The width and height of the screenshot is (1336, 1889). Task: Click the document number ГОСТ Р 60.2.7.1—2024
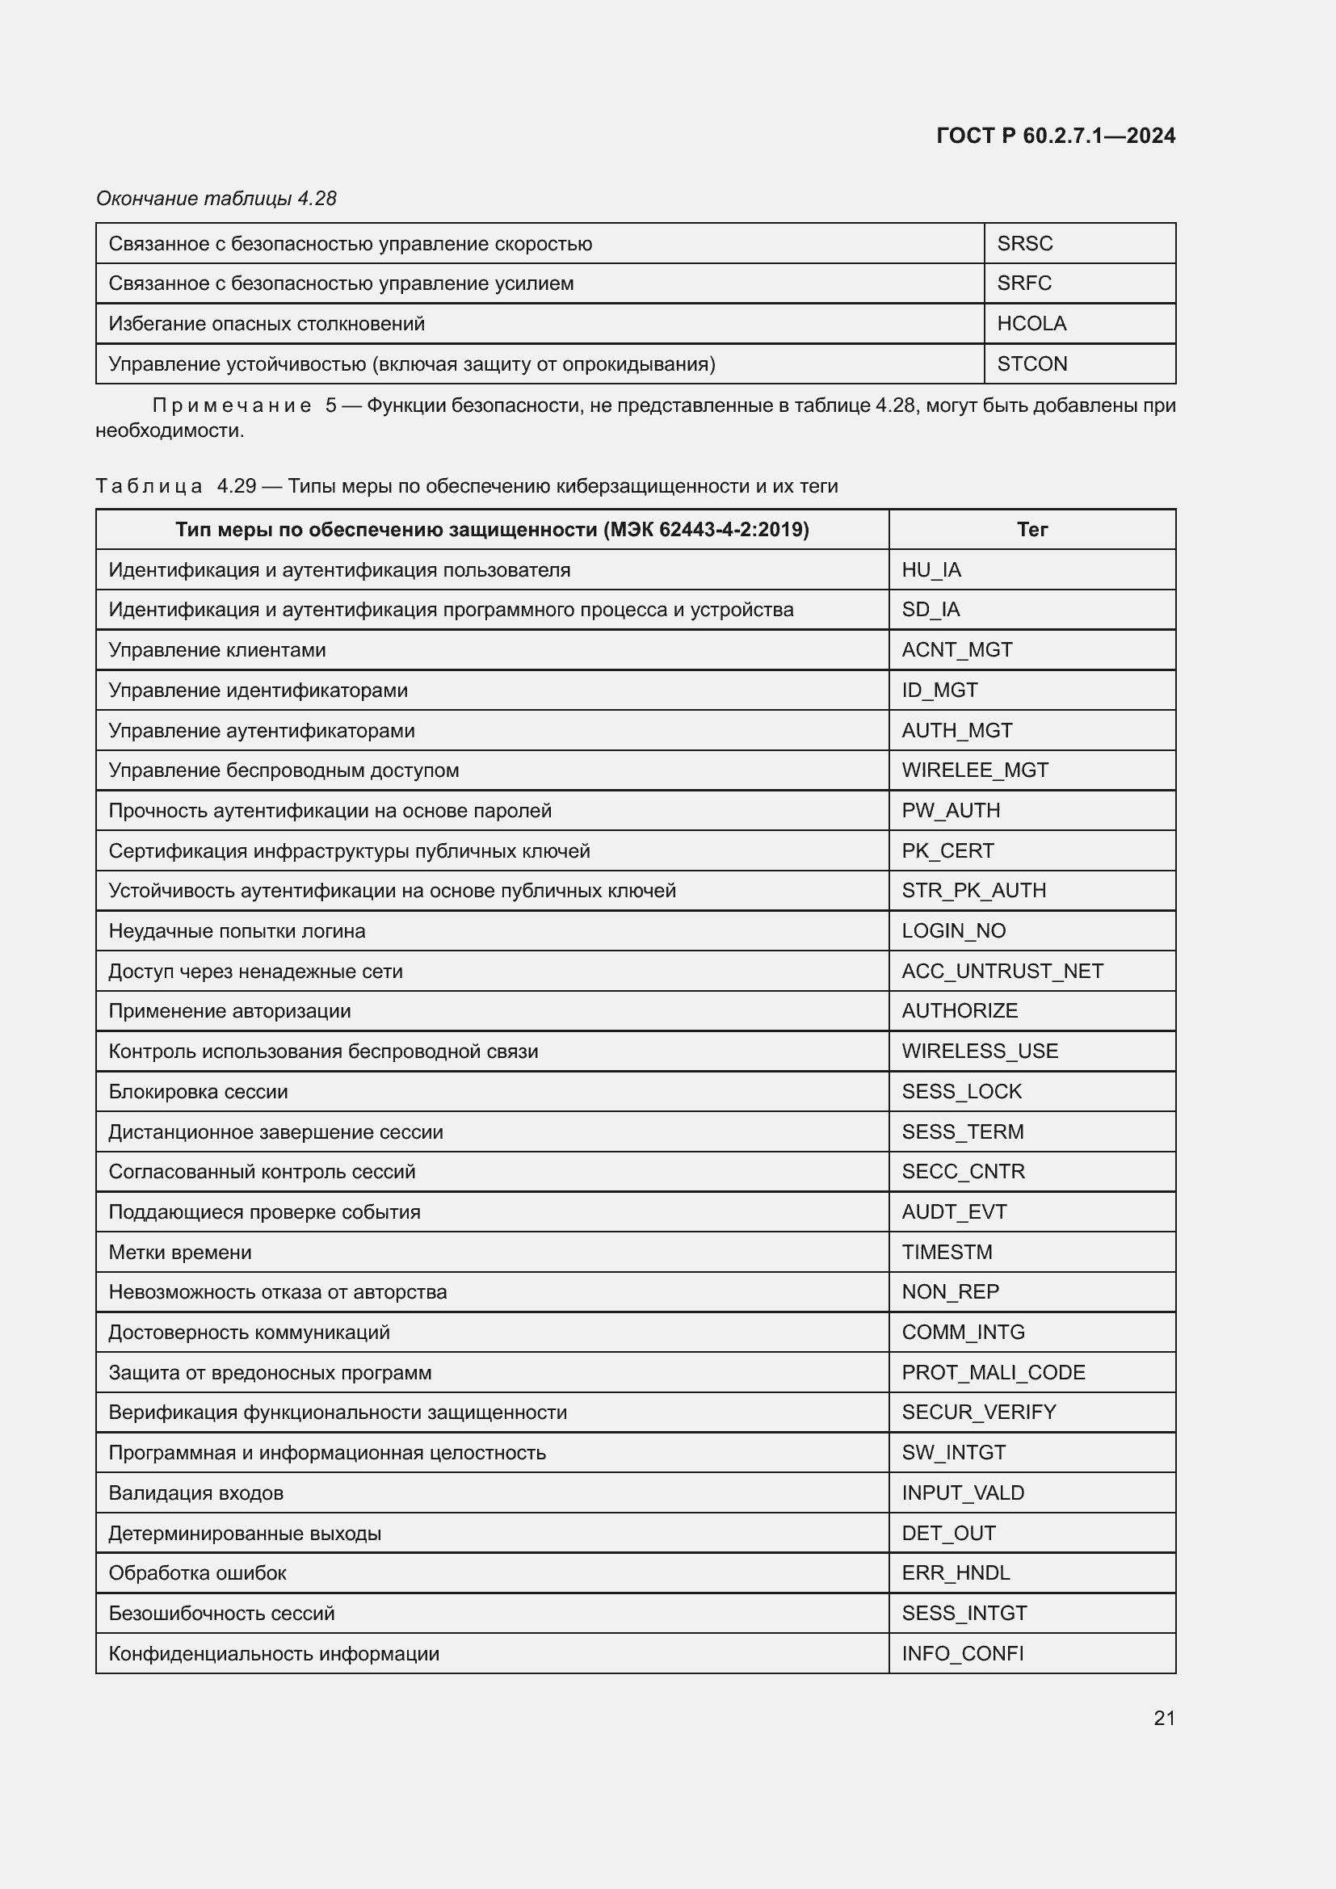click(1056, 136)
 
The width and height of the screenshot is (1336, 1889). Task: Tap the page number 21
click(1164, 1718)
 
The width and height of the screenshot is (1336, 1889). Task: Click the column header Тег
click(1031, 529)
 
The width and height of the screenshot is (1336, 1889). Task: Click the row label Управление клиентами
click(217, 650)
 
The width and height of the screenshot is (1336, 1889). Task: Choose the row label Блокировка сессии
click(198, 1092)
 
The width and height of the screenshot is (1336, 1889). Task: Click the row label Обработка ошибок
click(197, 1573)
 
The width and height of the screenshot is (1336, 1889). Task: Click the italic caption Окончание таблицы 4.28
click(216, 199)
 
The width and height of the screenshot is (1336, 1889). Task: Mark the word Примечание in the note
click(231, 405)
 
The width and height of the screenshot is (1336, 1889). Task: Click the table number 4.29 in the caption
click(236, 486)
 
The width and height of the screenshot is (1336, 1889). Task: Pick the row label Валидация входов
click(195, 1493)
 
